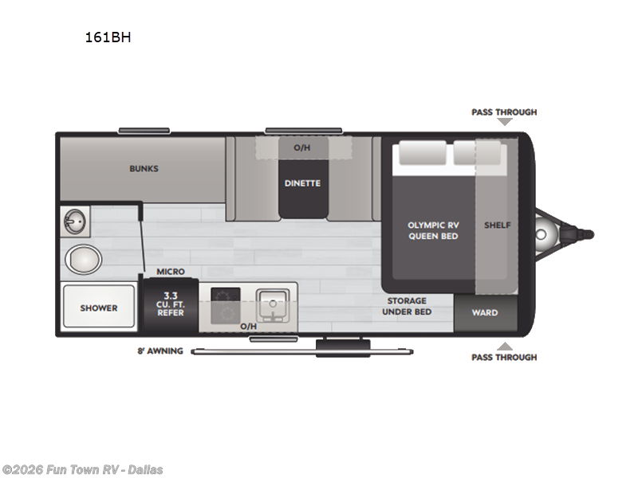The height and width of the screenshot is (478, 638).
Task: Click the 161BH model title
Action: (x=108, y=36)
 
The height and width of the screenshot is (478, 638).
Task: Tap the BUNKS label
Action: (x=144, y=169)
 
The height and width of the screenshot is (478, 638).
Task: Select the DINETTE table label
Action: (x=302, y=183)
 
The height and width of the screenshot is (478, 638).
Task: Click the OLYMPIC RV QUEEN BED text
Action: (x=433, y=230)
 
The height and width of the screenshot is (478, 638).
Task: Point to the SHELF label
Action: (x=497, y=225)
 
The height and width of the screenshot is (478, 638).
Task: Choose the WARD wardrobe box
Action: (x=485, y=313)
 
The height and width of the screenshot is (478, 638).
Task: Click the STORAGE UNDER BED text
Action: (x=407, y=306)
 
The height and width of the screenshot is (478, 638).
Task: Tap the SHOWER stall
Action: (x=99, y=308)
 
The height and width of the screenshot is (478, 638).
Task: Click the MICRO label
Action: (x=171, y=272)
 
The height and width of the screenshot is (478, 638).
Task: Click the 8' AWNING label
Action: (x=160, y=351)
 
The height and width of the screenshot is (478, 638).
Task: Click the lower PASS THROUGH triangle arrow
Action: (x=504, y=346)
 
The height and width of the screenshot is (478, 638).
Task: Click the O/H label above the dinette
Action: (x=301, y=147)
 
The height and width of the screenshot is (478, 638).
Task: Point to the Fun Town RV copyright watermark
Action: (x=83, y=469)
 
